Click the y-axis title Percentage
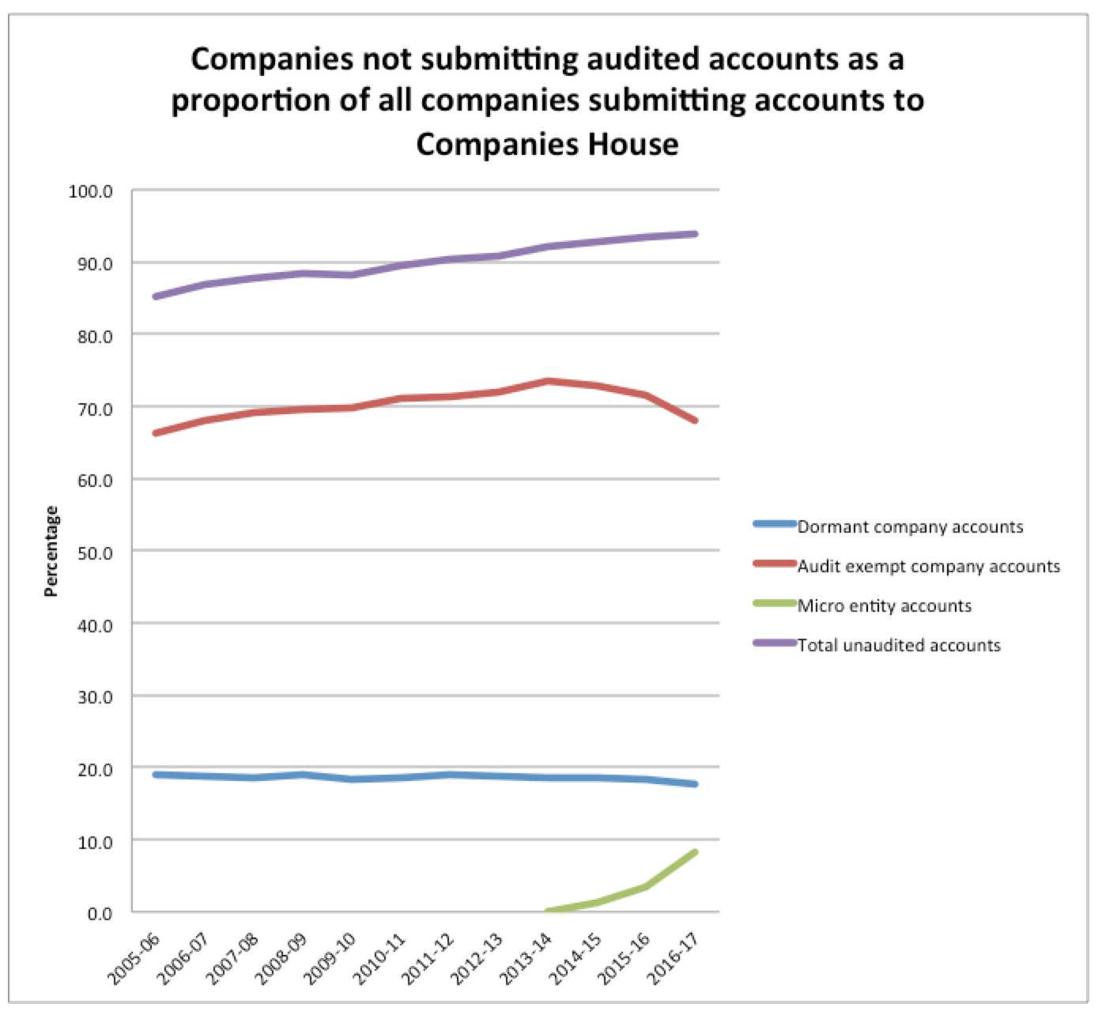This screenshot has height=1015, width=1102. click(x=52, y=550)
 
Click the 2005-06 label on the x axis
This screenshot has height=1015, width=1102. click(x=135, y=958)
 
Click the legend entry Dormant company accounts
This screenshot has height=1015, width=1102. click(x=910, y=527)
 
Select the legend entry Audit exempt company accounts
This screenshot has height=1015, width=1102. click(x=928, y=567)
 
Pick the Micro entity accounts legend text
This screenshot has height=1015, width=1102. click(x=884, y=606)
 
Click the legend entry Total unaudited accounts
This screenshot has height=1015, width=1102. click(x=899, y=646)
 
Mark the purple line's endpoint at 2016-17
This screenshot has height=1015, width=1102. click(x=695, y=234)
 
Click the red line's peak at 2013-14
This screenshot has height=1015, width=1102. click(x=548, y=381)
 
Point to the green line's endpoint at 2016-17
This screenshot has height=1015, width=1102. click(x=695, y=852)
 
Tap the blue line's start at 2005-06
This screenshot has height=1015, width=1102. click(x=156, y=775)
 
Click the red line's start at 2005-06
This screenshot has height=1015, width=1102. click(x=156, y=433)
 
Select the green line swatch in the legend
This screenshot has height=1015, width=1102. click(x=774, y=604)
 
